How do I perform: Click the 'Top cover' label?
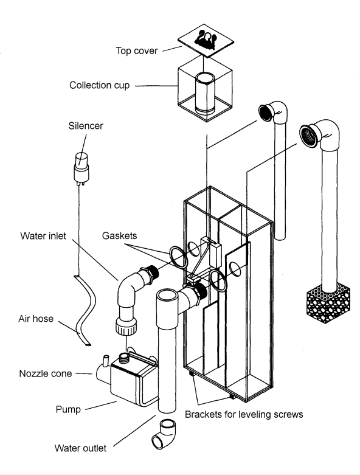[137, 50]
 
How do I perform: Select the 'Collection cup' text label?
[100, 85]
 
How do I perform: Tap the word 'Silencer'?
[86, 126]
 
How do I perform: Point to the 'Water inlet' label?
[43, 236]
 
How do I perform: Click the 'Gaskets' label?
[119, 236]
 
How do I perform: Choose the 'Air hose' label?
[36, 319]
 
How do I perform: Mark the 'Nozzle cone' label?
[46, 373]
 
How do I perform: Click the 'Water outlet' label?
[80, 448]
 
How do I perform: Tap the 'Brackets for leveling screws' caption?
[244, 414]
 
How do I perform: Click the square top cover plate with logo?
[206, 41]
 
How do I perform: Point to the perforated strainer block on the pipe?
[328, 303]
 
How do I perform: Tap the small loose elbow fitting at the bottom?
[164, 434]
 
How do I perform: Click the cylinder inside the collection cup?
[205, 93]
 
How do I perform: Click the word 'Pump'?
[69, 409]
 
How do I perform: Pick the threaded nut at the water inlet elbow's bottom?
[126, 327]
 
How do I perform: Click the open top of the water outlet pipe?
[167, 294]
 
